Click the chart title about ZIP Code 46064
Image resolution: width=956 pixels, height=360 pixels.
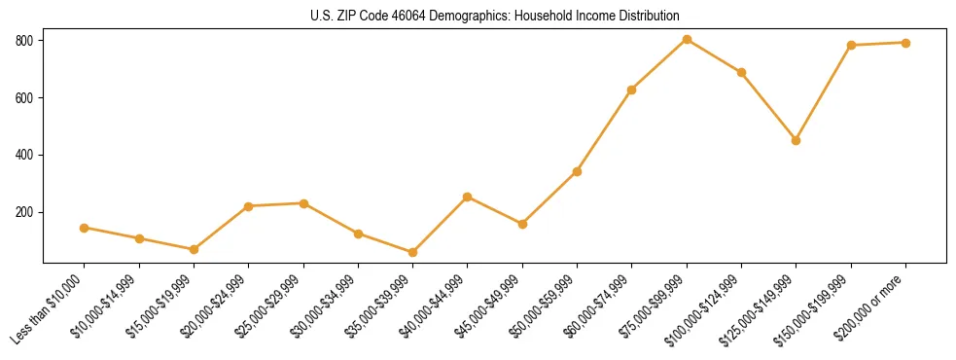(495, 16)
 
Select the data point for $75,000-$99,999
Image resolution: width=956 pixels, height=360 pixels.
(688, 39)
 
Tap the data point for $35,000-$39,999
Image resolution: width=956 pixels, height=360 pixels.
(413, 252)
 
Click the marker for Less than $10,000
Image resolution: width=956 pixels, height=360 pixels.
(85, 228)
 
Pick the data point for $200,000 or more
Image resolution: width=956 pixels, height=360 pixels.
(906, 43)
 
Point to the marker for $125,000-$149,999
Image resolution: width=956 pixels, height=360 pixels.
(797, 140)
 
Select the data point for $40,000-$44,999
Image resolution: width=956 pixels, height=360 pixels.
(468, 197)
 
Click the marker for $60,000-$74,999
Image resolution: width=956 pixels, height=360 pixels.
(632, 90)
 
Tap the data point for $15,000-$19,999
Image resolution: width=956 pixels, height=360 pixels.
(194, 249)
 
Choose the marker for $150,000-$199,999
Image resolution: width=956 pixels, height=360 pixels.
(852, 45)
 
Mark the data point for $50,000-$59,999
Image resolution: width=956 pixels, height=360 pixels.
(578, 171)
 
